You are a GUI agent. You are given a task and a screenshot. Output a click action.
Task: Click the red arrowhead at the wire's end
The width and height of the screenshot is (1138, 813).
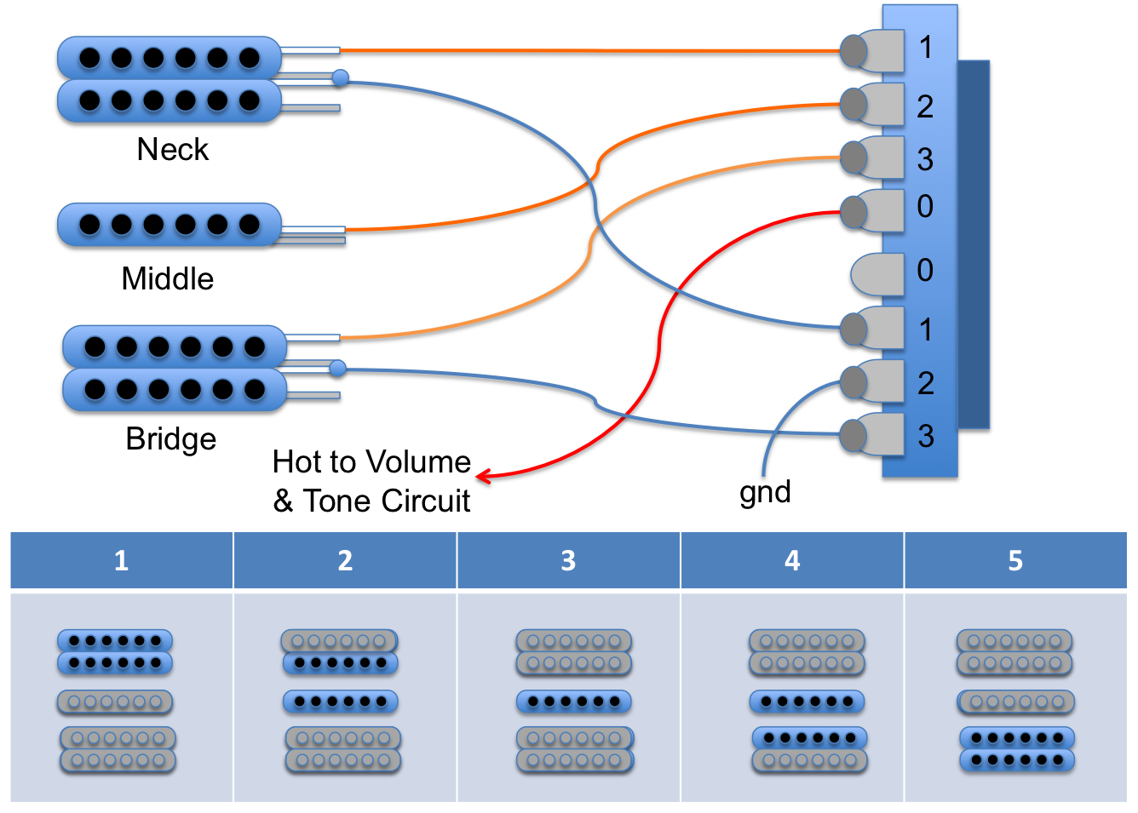point(482,476)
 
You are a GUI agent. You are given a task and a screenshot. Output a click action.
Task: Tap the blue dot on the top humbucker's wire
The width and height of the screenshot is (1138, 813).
point(340,77)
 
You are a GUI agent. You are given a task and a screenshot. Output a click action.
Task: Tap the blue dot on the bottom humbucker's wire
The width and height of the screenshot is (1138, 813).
point(338,369)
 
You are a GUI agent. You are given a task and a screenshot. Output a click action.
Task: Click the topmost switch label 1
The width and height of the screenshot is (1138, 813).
point(926,48)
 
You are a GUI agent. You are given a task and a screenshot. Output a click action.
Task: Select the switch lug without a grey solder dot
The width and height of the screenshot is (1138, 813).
point(878,273)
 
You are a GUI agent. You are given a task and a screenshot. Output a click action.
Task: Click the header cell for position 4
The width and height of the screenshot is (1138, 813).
point(792,560)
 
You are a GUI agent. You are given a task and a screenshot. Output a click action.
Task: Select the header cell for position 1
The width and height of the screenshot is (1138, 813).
point(121,560)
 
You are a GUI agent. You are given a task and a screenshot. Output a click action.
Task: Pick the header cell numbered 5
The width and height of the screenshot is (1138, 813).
point(1015,560)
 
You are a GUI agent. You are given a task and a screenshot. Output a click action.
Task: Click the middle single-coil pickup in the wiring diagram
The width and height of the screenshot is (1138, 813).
point(170,225)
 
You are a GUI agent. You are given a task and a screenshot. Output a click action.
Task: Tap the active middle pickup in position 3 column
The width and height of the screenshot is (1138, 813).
point(573,702)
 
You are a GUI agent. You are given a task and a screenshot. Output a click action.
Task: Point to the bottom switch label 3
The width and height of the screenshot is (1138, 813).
point(926,436)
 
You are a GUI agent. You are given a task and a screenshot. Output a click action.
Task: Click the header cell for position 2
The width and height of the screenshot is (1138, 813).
point(345,560)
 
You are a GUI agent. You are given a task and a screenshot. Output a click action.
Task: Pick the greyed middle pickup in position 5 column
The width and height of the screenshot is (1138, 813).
point(1015,702)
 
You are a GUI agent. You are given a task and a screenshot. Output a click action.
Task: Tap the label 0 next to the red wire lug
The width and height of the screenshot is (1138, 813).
point(925,206)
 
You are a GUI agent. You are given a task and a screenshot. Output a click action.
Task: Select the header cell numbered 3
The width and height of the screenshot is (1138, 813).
point(568,560)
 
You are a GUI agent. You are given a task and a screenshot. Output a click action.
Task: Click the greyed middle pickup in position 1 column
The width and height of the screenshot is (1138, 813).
point(115,702)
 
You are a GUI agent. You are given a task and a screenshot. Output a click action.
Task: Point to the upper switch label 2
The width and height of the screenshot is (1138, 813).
point(925,107)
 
